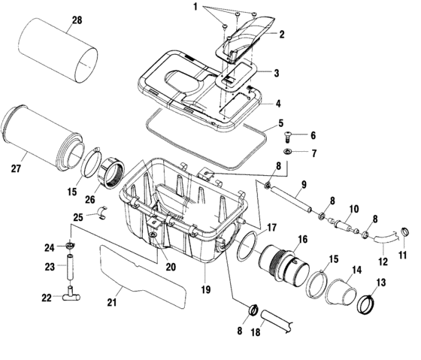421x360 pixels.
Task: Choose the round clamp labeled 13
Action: pyautogui.click(x=367, y=303)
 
